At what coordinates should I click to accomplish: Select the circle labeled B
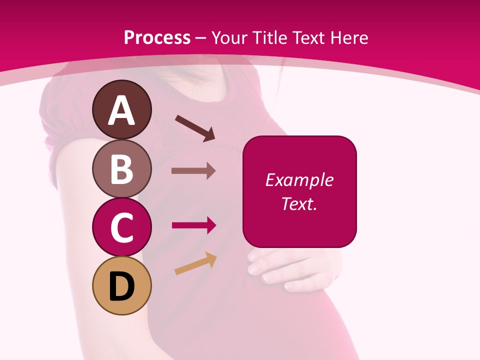click(x=121, y=168)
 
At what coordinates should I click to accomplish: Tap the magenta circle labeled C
click(x=121, y=227)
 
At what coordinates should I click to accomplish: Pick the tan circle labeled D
click(x=121, y=285)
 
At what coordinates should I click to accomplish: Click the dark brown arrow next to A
click(x=195, y=128)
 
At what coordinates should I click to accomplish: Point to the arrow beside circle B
click(x=193, y=170)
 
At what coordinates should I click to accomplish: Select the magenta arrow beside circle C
click(x=193, y=225)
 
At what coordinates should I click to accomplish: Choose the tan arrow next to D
click(x=195, y=264)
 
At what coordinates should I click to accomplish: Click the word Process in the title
click(x=157, y=37)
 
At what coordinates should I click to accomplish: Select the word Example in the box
click(x=299, y=180)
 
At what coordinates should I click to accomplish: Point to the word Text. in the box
click(x=299, y=203)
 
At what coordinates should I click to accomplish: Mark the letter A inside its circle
click(x=121, y=111)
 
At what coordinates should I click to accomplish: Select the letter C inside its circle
click(x=121, y=228)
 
